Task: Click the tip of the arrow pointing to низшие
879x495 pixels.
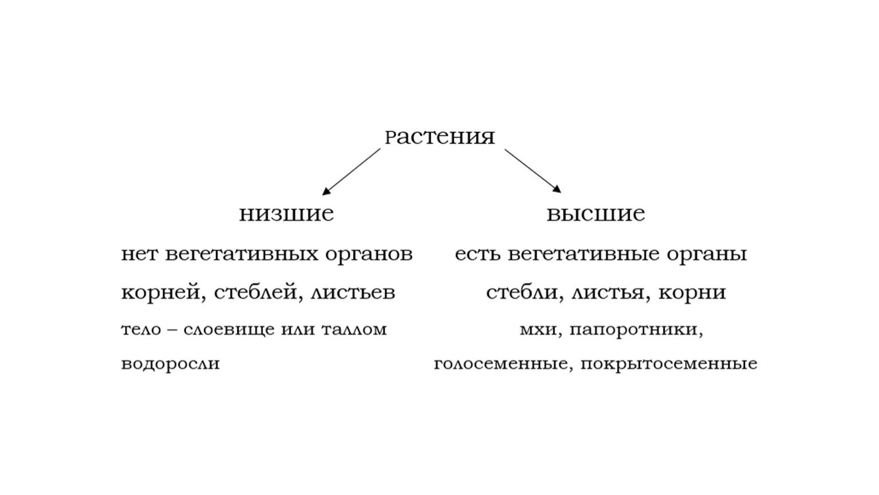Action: pos(322,195)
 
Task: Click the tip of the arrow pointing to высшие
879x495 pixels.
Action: pos(561,192)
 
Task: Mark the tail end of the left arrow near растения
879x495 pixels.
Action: pos(380,148)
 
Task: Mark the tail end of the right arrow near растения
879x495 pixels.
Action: pos(505,150)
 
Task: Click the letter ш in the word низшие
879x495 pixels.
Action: pos(295,214)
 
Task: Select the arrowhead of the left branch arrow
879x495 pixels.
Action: pos(326,191)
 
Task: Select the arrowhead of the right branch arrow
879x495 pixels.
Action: pos(557,188)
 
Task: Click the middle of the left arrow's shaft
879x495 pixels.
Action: pos(351,172)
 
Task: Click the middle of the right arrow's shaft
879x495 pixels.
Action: pos(533,171)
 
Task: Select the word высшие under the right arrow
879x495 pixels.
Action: pos(596,214)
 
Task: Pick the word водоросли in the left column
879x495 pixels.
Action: pos(170,364)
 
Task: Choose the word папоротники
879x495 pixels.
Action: pos(633,330)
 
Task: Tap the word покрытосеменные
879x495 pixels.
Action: pos(669,364)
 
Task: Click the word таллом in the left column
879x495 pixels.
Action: pos(354,330)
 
